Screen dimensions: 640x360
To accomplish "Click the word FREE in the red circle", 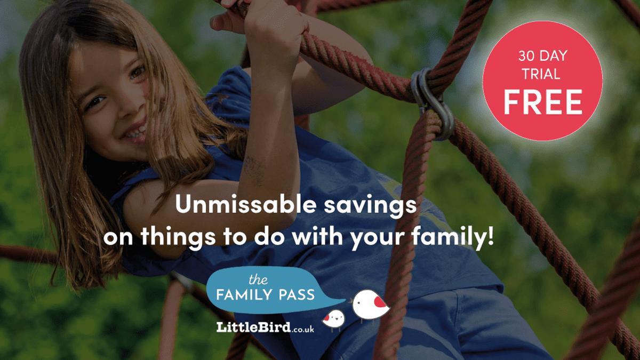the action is tap(542, 102).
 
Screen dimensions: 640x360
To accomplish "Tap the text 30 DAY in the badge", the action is tap(542, 55).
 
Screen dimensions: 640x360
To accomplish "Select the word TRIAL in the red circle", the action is tap(541, 74).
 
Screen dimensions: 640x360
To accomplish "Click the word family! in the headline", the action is tap(453, 237).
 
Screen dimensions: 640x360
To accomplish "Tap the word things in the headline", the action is tap(178, 238).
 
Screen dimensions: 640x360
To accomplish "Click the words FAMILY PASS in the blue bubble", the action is tap(266, 294).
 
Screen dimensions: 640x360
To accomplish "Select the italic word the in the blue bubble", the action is tap(258, 279).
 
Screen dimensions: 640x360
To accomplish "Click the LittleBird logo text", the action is tap(253, 327).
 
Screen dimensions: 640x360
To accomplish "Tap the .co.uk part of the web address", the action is tap(303, 329).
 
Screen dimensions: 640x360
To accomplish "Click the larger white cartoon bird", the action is tap(371, 305).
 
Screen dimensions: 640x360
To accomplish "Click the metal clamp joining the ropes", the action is tap(433, 103).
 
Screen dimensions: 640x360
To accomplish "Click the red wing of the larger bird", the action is tap(379, 302).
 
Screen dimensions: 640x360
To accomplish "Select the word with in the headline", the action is tap(317, 237).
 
